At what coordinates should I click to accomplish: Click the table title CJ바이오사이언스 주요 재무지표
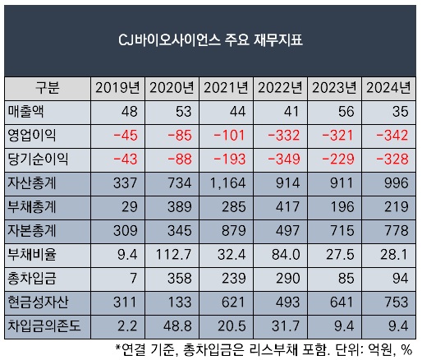pos(210,40)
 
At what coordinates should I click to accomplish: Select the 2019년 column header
pos(117,88)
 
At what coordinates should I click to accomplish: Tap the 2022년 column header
pos(280,88)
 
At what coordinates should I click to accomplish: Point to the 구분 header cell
pos(48,88)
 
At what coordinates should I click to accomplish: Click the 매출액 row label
pos(25,112)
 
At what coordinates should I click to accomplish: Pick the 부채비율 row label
pos(32,255)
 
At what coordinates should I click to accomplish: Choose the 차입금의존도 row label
pos(44,326)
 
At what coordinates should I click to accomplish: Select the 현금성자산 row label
pos(38,302)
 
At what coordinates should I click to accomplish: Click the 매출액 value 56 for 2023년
pos(346,112)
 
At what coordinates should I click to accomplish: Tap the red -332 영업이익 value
pos(284,136)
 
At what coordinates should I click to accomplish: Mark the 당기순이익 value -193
pos(230,159)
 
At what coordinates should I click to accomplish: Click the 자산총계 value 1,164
pos(227,183)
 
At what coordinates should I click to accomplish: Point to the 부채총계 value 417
pos(287,207)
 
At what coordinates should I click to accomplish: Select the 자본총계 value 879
pos(233,231)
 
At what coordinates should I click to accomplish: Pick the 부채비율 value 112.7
pos(173,255)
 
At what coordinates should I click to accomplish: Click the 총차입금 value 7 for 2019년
pos(133,279)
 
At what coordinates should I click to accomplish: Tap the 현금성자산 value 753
pos(397,302)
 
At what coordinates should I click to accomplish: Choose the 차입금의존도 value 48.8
pos(177,326)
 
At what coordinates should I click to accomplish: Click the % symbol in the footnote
pos(406,350)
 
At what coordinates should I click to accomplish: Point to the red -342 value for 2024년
pos(392,136)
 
